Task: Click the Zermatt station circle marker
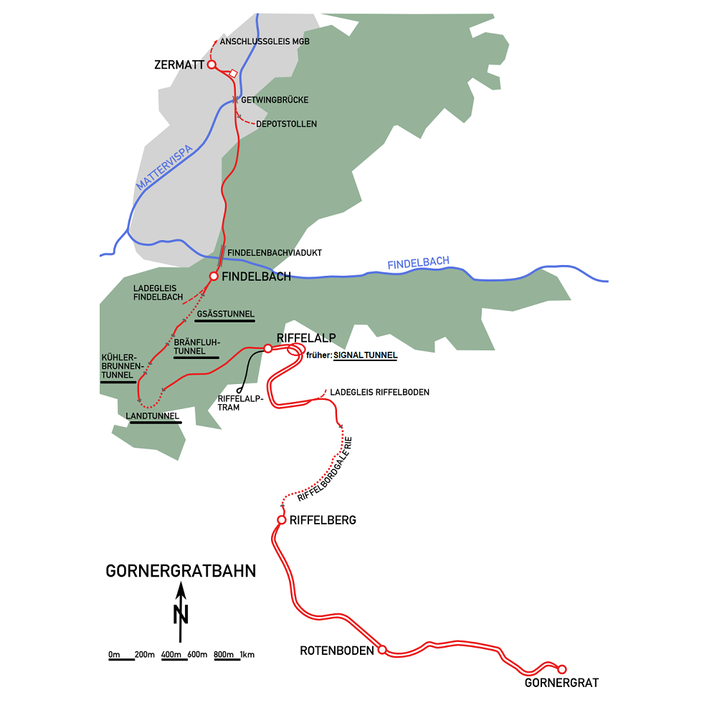(212, 65)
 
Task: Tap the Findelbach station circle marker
(213, 276)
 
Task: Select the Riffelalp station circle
(267, 348)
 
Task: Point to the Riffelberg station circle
(282, 519)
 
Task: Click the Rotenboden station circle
(382, 650)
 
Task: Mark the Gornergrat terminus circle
(562, 668)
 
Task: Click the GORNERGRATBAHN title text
(181, 571)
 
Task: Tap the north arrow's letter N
(181, 615)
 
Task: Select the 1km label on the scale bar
(247, 655)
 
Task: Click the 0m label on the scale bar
(114, 655)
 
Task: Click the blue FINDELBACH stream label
(418, 264)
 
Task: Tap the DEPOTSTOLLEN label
(287, 124)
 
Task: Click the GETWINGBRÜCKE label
(275, 100)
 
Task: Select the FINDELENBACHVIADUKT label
(275, 253)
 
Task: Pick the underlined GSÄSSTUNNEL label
(224, 314)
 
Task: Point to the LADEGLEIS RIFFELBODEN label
(379, 392)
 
